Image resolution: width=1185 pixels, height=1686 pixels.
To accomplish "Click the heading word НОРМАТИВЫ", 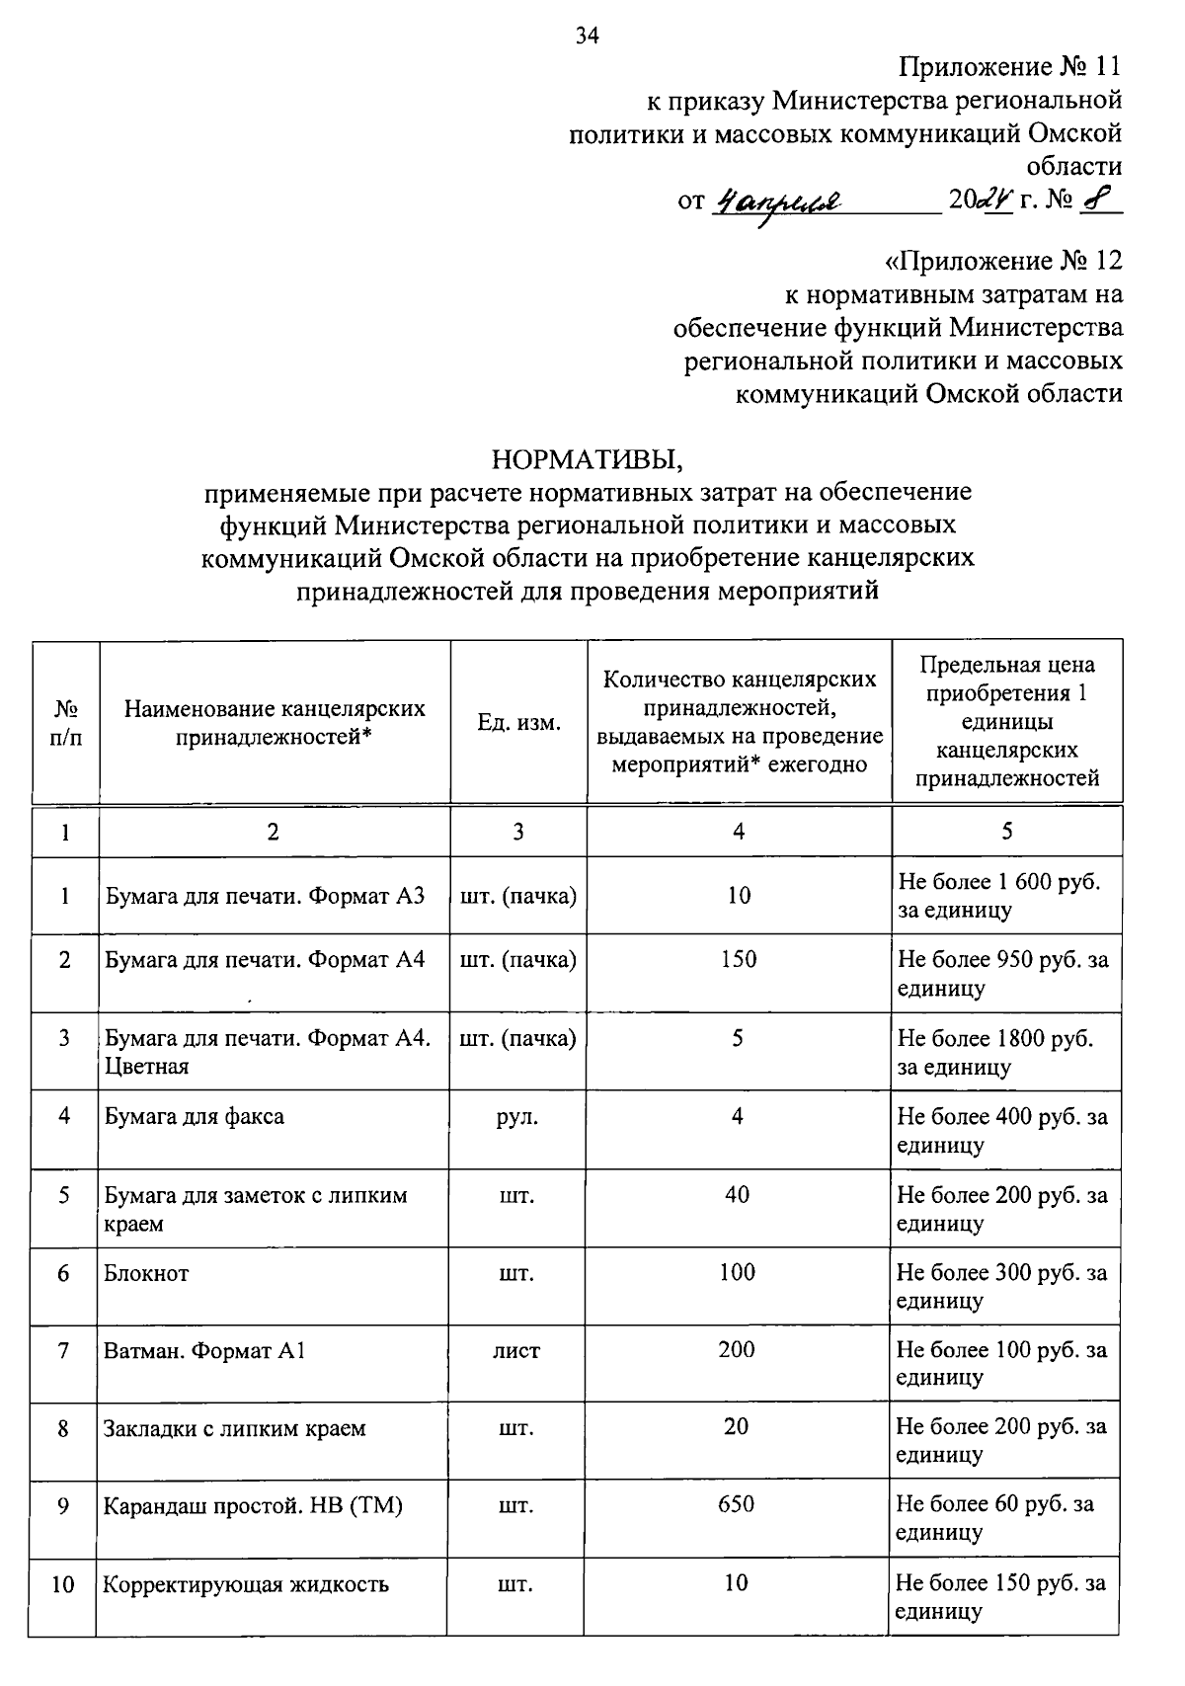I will click(x=588, y=459).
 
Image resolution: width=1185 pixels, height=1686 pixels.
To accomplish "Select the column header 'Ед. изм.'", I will click(x=518, y=723).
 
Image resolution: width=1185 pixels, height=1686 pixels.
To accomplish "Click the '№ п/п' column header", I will click(x=65, y=723).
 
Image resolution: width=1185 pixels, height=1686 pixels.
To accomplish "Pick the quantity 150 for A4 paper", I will click(x=739, y=959).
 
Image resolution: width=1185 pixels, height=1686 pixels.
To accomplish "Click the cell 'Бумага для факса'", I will click(x=195, y=1117).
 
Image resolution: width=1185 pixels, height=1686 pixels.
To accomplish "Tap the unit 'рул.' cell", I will click(x=517, y=1117).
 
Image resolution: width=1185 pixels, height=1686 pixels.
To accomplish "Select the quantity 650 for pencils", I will click(x=737, y=1504).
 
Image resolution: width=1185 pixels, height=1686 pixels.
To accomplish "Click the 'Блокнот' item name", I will click(x=146, y=1273).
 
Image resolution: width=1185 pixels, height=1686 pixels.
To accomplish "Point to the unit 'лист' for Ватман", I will click(x=517, y=1350).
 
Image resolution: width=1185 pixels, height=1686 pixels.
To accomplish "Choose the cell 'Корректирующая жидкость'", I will click(x=247, y=1584).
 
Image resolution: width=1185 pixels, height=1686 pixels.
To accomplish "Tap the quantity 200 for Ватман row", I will click(x=737, y=1350).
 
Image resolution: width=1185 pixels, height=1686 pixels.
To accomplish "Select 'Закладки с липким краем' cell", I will click(x=235, y=1428).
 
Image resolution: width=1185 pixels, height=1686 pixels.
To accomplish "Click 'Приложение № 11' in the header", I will click(x=1010, y=67).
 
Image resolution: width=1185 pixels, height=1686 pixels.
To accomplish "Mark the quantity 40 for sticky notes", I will click(x=737, y=1195).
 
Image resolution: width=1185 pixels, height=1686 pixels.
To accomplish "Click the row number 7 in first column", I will click(x=64, y=1350).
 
